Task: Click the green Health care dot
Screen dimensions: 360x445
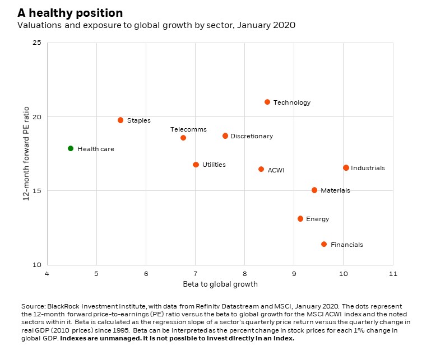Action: tap(71, 148)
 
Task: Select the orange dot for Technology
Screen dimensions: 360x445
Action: tap(267, 102)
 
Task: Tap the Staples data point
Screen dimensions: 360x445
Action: tap(120, 120)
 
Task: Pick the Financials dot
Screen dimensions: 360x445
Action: tap(324, 244)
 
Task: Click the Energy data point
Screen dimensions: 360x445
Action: tap(300, 219)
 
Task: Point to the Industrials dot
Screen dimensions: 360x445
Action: tap(346, 168)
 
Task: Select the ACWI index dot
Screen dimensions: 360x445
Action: tap(261, 169)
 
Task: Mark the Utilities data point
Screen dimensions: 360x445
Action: tap(196, 165)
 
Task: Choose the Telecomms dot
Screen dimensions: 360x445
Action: tap(183, 138)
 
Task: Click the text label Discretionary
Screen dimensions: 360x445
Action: tap(252, 136)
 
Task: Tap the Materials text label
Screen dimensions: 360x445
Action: tap(335, 190)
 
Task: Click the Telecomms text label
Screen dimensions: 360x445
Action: tap(184, 129)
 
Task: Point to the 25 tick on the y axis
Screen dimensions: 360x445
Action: tap(37, 43)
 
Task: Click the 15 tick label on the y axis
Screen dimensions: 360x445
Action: tap(37, 191)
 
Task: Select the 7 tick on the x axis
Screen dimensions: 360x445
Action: tap(195, 274)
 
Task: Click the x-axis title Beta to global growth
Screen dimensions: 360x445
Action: tap(220, 284)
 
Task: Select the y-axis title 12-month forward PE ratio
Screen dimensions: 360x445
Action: tap(26, 153)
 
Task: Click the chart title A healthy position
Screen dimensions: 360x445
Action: tap(70, 13)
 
